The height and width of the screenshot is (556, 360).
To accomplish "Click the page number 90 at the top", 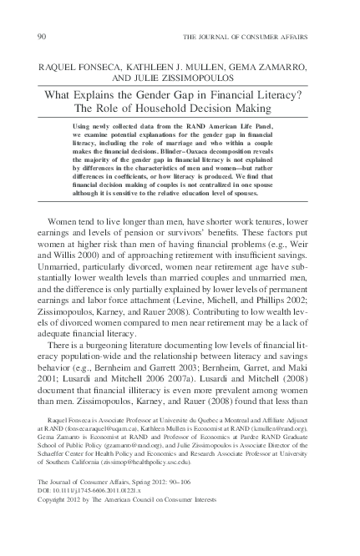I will (43, 38).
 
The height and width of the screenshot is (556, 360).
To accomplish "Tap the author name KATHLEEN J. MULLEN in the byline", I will (165, 64).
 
